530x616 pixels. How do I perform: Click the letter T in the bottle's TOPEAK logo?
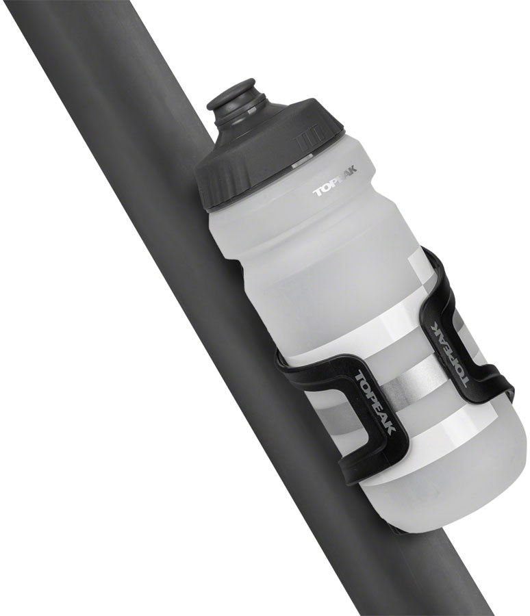pos(318,192)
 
